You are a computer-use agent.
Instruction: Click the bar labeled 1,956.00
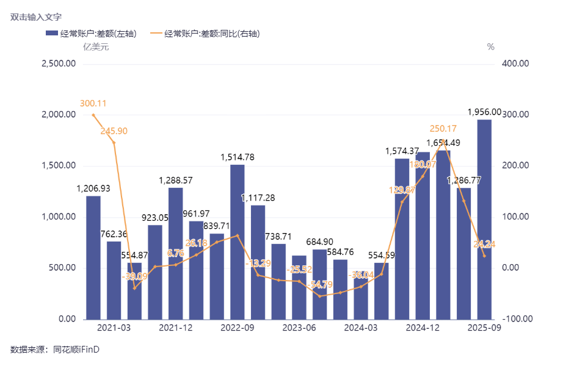[x=484, y=220]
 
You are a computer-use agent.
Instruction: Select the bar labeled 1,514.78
[x=238, y=242]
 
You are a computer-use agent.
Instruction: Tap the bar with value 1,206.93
[x=93, y=257]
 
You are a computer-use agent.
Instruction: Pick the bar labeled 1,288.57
[x=176, y=253]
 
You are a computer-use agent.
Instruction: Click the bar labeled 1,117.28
[x=258, y=262]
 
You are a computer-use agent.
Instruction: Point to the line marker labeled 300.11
[x=93, y=115]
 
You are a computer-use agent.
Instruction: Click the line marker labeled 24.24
[x=484, y=256]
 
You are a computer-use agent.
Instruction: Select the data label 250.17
[x=443, y=129]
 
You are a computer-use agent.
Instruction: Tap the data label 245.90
[x=114, y=131]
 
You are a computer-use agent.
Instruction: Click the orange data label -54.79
[x=320, y=285]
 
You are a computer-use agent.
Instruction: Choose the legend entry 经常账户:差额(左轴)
[x=92, y=34]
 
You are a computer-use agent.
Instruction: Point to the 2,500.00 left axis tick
[x=58, y=63]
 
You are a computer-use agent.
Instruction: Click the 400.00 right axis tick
[x=515, y=63]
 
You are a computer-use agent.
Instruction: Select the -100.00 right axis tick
[x=516, y=319]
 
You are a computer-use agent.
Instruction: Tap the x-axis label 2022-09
[x=238, y=328]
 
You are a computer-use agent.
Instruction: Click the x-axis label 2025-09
[x=484, y=328]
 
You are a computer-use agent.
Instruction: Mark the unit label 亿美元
[x=96, y=48]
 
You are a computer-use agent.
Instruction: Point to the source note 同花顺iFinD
[x=76, y=350]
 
